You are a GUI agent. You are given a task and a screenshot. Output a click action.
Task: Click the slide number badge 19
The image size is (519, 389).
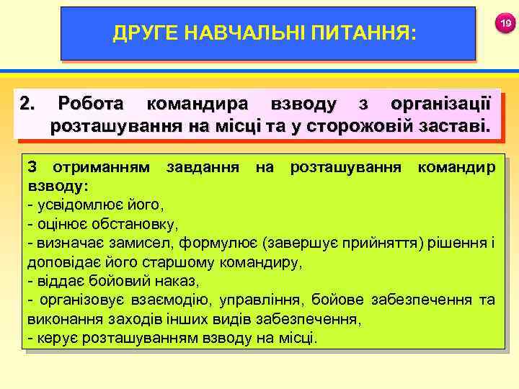pyautogui.click(x=506, y=24)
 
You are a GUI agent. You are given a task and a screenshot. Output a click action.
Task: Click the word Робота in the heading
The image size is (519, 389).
pyautogui.click(x=93, y=104)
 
